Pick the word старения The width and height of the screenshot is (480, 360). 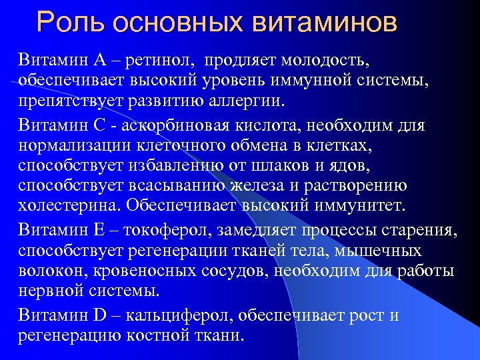click(423, 231)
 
